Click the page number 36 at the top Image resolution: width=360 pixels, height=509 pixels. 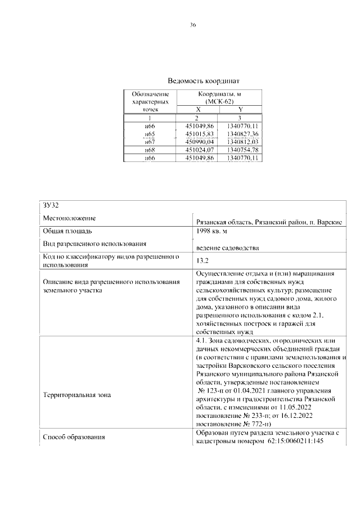pyautogui.click(x=192, y=25)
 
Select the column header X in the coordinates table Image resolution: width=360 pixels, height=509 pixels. pyautogui.click(x=197, y=110)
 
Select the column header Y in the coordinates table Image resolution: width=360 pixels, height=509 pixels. pyautogui.click(x=241, y=110)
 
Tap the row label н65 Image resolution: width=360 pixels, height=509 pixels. pyautogui.click(x=150, y=134)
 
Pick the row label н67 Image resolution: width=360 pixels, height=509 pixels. pyautogui.click(x=150, y=142)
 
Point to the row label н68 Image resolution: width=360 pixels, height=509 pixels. pyautogui.click(x=150, y=151)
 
